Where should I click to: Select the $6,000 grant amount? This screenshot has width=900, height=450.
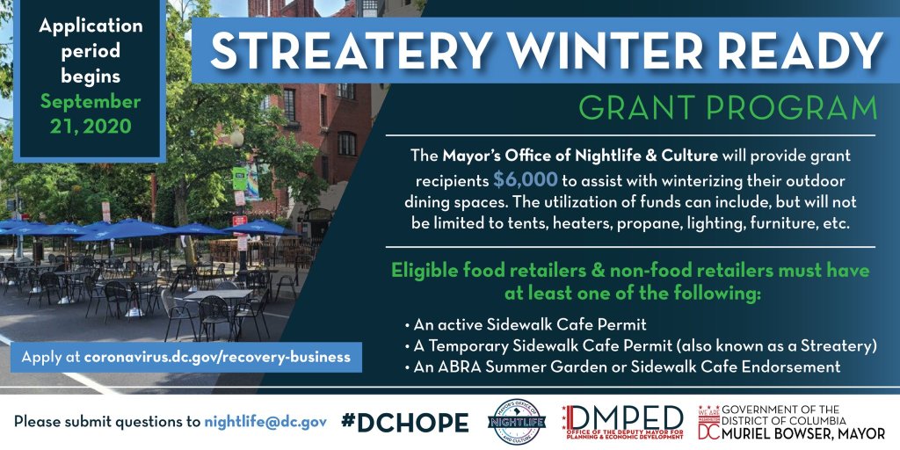click(526, 180)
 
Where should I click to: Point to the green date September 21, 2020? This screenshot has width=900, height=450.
click(91, 113)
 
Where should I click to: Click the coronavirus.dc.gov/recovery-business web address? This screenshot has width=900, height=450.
click(217, 357)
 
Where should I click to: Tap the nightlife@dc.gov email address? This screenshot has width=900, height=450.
click(265, 422)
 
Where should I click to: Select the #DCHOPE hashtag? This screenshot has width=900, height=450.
click(404, 423)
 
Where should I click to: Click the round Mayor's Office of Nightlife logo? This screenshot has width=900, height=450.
click(517, 423)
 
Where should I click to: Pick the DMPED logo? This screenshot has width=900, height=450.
click(622, 422)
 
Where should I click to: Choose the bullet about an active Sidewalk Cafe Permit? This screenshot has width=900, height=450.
click(526, 325)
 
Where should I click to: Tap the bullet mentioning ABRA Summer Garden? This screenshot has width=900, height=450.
click(622, 367)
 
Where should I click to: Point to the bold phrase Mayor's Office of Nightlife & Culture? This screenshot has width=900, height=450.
click(580, 156)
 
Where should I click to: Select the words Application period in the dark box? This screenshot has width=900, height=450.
click(91, 39)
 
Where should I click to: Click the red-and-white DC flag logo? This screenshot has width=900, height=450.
click(708, 424)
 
